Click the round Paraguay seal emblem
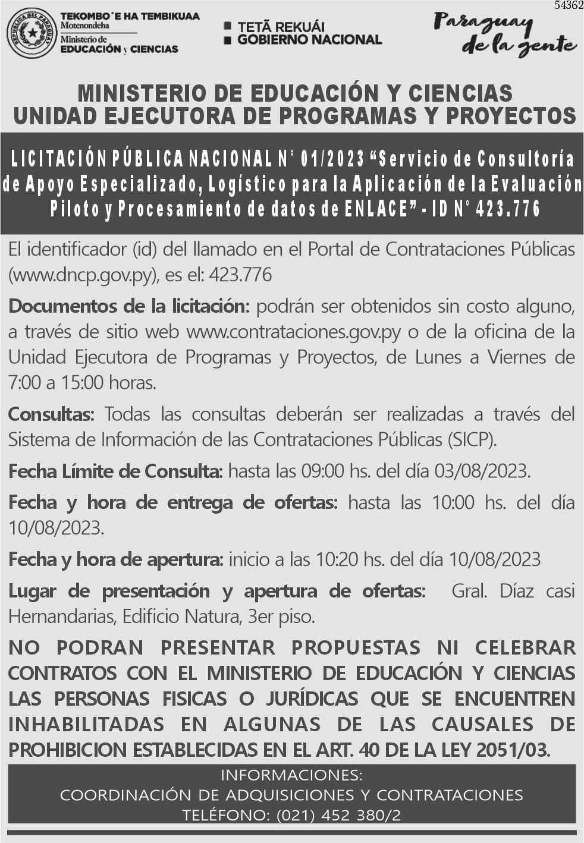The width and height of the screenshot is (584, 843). [32, 33]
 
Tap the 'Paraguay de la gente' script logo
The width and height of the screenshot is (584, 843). [504, 34]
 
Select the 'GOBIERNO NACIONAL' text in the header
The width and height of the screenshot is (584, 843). [309, 40]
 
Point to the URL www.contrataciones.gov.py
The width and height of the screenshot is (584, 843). [294, 332]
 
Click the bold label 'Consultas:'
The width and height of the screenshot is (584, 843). [51, 414]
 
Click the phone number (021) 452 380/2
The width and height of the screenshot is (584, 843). [338, 815]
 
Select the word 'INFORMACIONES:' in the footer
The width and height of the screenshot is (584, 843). [291, 775]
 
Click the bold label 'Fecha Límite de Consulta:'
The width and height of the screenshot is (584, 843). [115, 471]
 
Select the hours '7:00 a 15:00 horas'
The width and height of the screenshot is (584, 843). [82, 382]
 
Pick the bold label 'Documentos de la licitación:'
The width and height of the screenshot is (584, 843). [128, 307]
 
